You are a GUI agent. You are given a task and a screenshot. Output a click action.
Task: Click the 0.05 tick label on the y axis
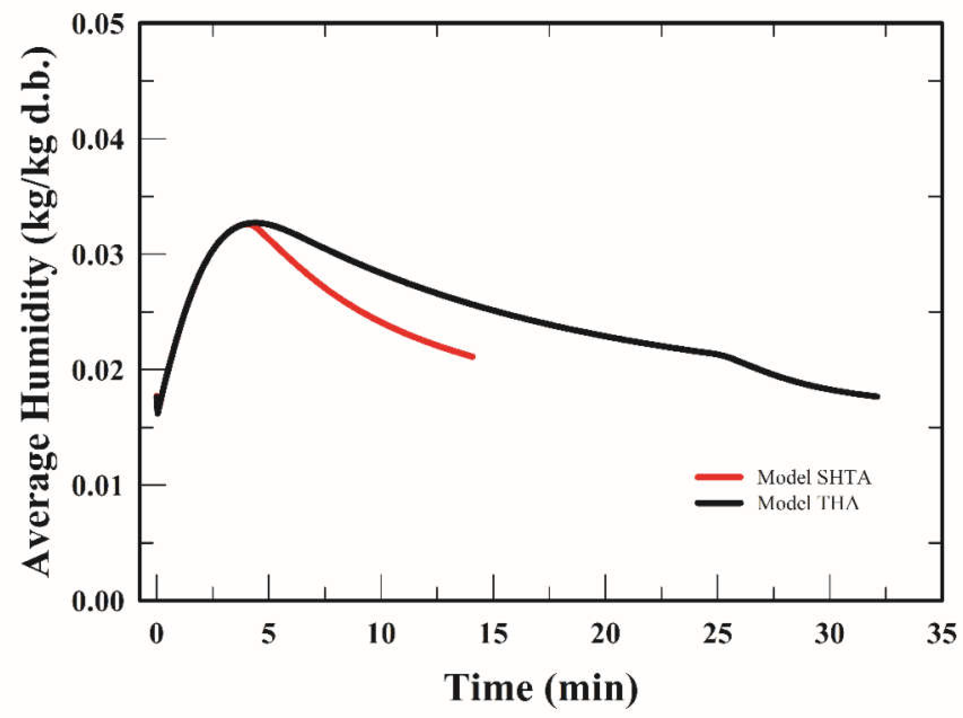point(98,24)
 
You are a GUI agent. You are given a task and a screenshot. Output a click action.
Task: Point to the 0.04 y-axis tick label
point(98,139)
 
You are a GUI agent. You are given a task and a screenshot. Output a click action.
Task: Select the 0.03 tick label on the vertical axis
point(98,254)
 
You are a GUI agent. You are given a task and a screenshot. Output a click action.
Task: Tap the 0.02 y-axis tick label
point(98,370)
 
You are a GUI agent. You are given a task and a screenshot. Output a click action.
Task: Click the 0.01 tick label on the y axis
point(98,485)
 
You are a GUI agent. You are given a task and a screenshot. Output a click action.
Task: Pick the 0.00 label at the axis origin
point(98,601)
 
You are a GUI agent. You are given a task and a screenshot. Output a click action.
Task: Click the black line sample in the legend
point(719,503)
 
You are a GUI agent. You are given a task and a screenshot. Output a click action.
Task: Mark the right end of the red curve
point(473,357)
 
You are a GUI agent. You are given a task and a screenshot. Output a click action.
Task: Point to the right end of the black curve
point(877,396)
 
